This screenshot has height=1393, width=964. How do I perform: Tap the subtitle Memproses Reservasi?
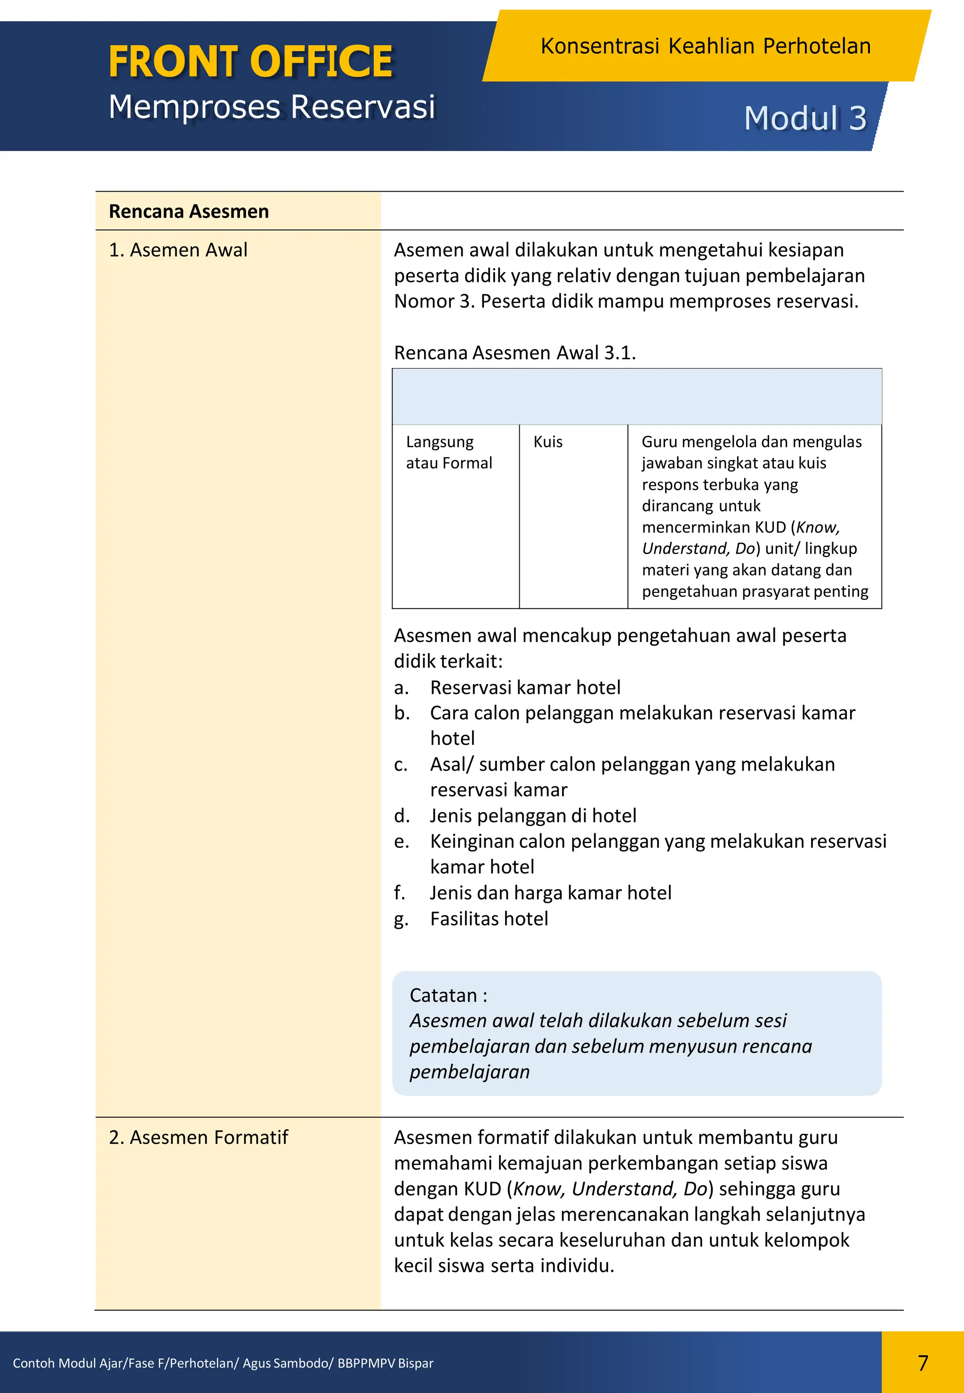click(x=271, y=107)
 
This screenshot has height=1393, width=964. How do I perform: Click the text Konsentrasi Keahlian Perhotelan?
click(x=705, y=47)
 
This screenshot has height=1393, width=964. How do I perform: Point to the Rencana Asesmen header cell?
click(x=188, y=211)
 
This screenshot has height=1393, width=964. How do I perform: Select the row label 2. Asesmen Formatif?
click(x=198, y=1137)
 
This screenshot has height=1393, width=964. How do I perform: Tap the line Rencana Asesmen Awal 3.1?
click(x=514, y=353)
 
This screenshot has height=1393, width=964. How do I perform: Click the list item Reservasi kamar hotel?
click(x=525, y=687)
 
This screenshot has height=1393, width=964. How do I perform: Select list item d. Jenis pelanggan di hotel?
click(x=533, y=815)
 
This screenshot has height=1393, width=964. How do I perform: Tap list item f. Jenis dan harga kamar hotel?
click(x=550, y=893)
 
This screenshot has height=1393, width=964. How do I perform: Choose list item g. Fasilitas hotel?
click(x=489, y=919)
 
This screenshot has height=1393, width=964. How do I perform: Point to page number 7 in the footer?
click(x=922, y=1363)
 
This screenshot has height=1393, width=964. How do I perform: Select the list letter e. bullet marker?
click(x=401, y=841)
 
